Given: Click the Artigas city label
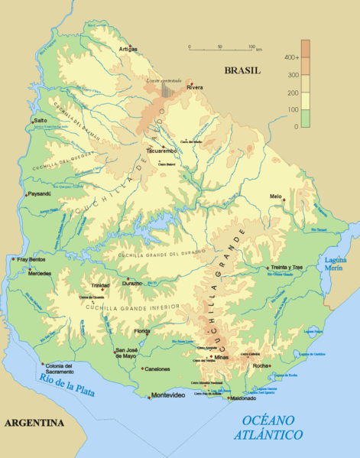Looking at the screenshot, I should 128,49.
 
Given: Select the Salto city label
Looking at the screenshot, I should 41,121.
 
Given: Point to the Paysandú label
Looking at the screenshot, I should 38,193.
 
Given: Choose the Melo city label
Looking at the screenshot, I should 276,197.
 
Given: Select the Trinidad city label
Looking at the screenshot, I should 100,285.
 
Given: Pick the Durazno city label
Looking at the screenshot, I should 132,283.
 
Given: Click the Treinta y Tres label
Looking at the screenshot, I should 288,268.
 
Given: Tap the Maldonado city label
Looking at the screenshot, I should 242,398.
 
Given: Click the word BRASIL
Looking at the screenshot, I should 242,70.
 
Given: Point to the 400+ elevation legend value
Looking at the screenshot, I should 290,57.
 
